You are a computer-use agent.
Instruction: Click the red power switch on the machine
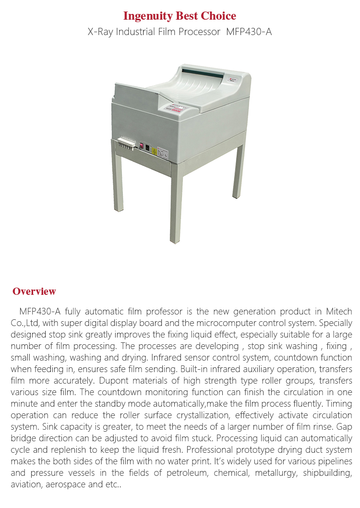point(142,145)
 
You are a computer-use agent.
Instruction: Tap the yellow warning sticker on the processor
point(154,151)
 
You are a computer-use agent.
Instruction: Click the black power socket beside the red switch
point(147,148)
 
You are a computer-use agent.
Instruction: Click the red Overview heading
point(34,291)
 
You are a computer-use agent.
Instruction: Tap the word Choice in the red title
point(219,16)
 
